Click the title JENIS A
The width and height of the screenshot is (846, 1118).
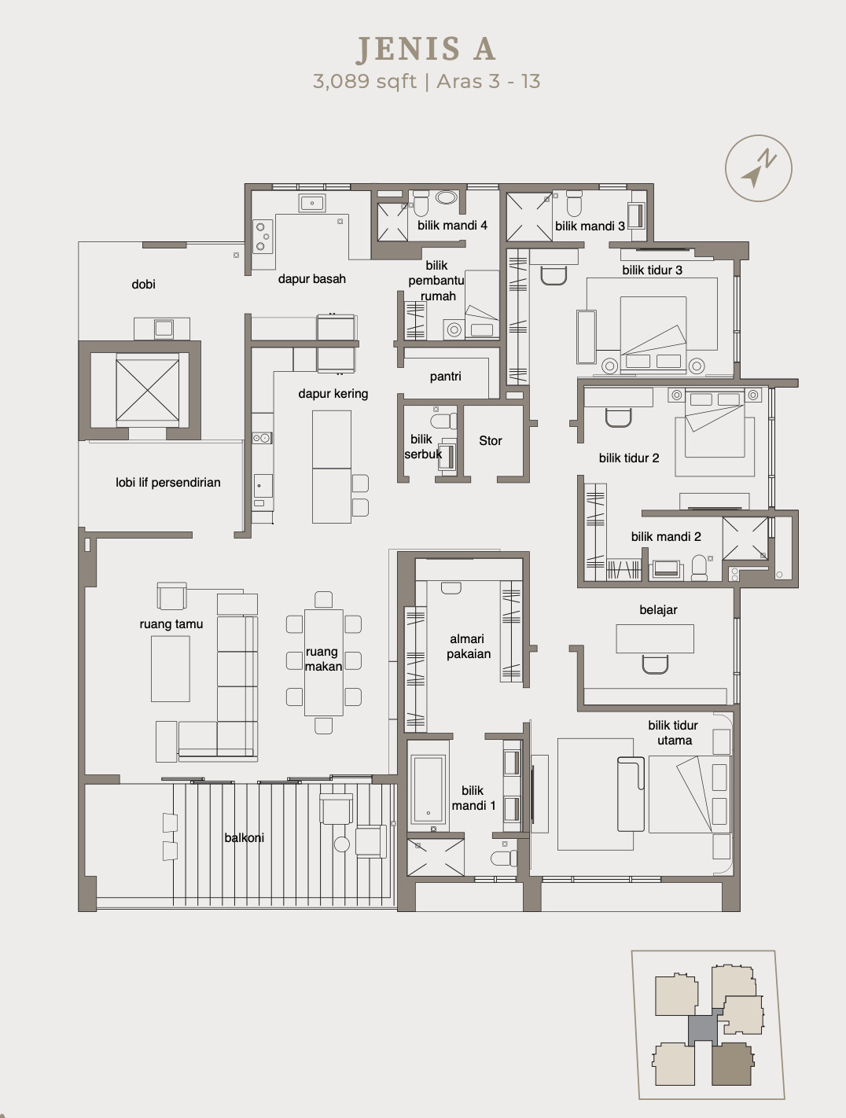click(x=425, y=50)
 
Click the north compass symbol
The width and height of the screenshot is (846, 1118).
click(x=759, y=168)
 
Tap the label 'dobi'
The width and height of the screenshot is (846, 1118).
click(x=143, y=284)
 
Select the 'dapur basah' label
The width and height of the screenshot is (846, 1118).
click(x=311, y=279)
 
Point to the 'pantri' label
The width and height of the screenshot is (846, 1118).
click(x=445, y=377)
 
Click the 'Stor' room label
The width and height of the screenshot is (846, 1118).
click(x=491, y=440)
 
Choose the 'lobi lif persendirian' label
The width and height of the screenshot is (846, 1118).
click(x=168, y=483)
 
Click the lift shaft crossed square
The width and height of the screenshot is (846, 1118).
click(x=147, y=391)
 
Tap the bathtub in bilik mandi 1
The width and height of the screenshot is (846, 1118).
click(x=429, y=789)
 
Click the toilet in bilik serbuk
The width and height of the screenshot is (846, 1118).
click(x=443, y=421)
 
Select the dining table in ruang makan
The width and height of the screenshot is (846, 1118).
click(x=323, y=663)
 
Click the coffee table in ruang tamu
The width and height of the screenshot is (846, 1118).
click(x=170, y=669)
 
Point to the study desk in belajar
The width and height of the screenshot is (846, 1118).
click(x=654, y=638)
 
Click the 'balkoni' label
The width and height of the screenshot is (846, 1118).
click(x=245, y=837)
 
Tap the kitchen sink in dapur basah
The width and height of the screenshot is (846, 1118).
click(x=311, y=203)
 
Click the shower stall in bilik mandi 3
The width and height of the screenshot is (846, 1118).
click(x=528, y=216)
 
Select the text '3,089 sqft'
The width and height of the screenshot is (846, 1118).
click(x=365, y=82)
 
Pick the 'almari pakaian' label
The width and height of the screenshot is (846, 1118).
click(x=469, y=646)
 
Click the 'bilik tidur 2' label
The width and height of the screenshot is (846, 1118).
click(x=629, y=458)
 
